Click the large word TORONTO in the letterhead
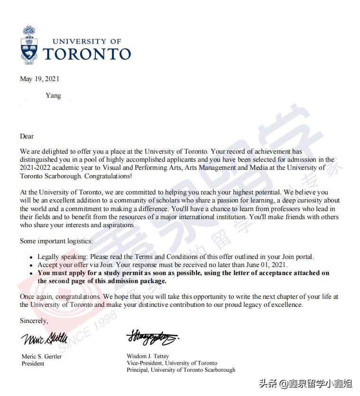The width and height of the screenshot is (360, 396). click(x=87, y=54)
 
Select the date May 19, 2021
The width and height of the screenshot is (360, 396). click(x=39, y=79)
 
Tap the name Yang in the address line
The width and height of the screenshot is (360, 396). click(x=53, y=95)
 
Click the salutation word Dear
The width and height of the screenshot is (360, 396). click(x=27, y=136)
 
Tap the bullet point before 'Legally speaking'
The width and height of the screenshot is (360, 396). click(x=31, y=257)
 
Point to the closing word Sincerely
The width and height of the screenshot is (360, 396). click(x=34, y=321)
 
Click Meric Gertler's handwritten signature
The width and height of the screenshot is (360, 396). click(x=44, y=339)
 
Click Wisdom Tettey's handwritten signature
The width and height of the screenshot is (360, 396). click(x=152, y=338)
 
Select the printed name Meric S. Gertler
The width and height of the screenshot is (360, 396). click(x=42, y=356)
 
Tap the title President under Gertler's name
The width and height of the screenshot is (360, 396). click(x=33, y=363)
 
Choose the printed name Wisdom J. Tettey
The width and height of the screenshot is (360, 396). click(x=148, y=356)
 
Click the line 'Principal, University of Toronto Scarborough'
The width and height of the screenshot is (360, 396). click(x=181, y=370)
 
